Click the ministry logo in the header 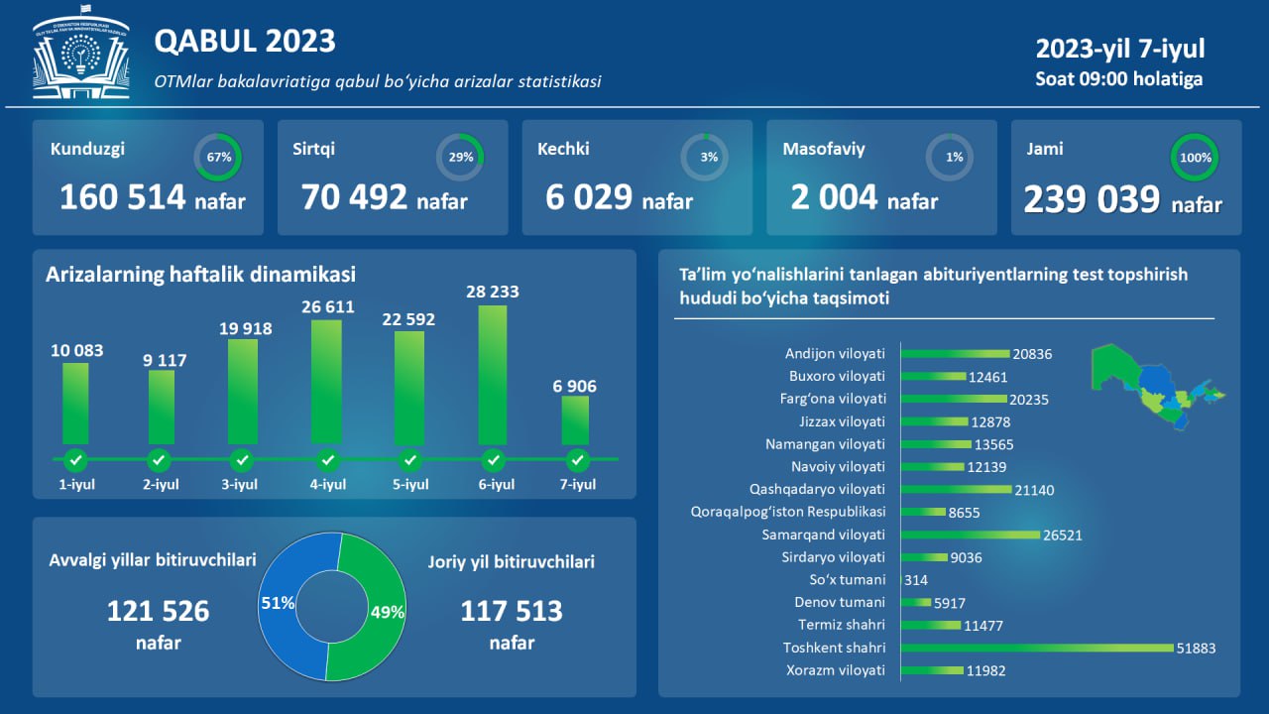pyautogui.click(x=81, y=59)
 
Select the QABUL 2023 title pyautogui.click(x=245, y=41)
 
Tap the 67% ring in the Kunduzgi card pyautogui.click(x=218, y=157)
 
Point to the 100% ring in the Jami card pyautogui.click(x=1195, y=157)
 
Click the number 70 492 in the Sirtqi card pyautogui.click(x=355, y=197)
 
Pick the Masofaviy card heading pyautogui.click(x=824, y=150)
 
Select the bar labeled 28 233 pyautogui.click(x=493, y=375)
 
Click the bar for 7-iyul pyautogui.click(x=575, y=420)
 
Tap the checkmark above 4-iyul pyautogui.click(x=328, y=460)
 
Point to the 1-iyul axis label pyautogui.click(x=75, y=485)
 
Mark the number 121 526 pyautogui.click(x=158, y=611)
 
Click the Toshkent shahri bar pyautogui.click(x=1050, y=649)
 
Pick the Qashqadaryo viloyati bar pyautogui.click(x=956, y=490)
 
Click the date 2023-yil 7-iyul pyautogui.click(x=1120, y=50)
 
